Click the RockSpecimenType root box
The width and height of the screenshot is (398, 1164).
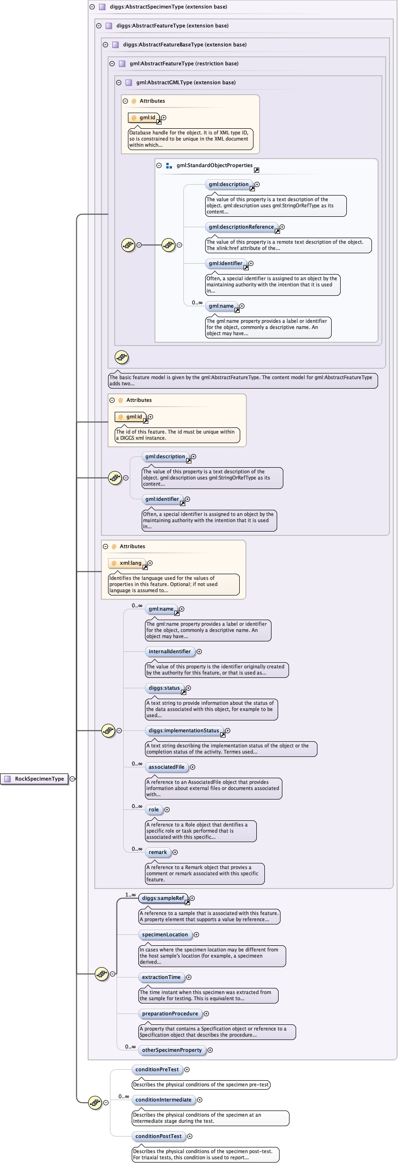point(35,779)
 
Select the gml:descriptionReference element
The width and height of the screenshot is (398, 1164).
point(241,227)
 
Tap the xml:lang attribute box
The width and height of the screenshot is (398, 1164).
point(128,563)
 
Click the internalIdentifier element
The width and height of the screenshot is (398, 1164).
point(170,652)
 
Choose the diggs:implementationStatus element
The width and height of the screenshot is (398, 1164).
point(184,731)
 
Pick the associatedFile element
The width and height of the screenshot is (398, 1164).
point(166,767)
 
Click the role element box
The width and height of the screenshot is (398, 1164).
point(154,810)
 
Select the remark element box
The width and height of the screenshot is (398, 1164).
point(158,853)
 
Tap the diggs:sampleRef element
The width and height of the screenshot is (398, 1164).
point(163,898)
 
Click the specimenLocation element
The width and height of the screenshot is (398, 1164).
point(165,935)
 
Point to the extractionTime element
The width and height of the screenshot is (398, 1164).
point(161,977)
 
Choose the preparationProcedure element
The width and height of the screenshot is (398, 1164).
point(170,1014)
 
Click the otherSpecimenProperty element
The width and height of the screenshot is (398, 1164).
point(172,1050)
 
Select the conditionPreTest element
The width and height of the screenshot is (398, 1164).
point(157,1070)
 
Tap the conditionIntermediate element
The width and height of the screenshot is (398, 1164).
point(163,1100)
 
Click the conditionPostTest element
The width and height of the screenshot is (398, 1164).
point(159,1137)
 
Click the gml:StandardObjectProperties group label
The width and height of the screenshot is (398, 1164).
point(214,166)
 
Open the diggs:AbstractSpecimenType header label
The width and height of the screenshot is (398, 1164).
point(168,7)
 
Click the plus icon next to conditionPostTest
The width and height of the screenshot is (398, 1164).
point(190,1137)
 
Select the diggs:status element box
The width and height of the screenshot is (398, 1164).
point(164,688)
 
